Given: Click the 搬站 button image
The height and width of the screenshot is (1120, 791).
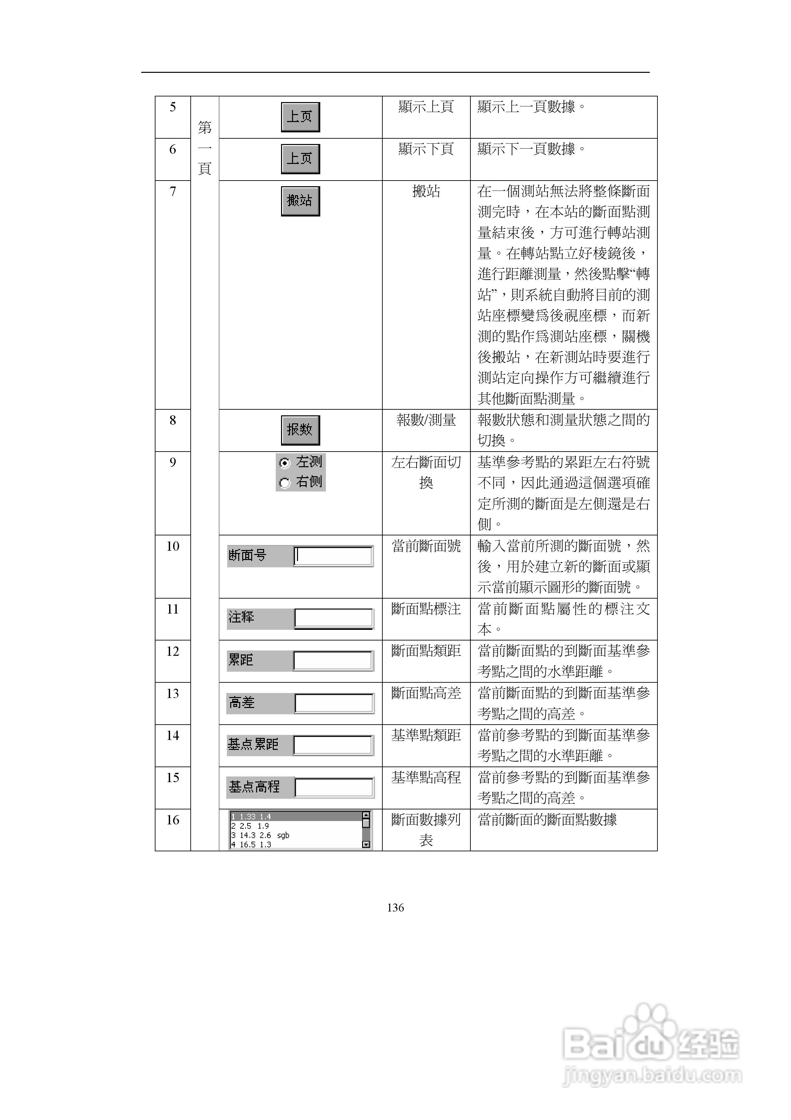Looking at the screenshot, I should (300, 201).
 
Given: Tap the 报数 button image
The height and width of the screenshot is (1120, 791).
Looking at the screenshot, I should (300, 430).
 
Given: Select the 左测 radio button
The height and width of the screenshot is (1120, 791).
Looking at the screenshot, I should (285, 463).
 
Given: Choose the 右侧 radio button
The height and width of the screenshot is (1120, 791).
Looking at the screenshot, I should (285, 483).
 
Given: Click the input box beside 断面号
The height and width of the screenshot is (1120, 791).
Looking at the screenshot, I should (333, 556).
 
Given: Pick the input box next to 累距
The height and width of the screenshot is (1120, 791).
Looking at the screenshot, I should (333, 661).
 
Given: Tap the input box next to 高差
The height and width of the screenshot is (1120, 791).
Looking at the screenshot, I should (334, 703).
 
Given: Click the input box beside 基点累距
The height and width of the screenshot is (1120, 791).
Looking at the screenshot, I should (333, 745).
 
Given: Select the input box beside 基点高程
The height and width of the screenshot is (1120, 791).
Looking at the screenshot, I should (334, 787).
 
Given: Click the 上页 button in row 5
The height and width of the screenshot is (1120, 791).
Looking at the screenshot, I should (300, 117).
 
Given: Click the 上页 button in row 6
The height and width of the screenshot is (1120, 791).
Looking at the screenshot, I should (300, 159).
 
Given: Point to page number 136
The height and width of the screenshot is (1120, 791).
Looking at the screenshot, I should (395, 907).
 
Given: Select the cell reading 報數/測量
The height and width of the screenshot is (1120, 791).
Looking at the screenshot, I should (426, 420).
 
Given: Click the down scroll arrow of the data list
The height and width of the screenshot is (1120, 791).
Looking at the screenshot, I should (366, 844).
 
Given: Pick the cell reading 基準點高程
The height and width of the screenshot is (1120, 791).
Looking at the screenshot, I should (426, 777).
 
